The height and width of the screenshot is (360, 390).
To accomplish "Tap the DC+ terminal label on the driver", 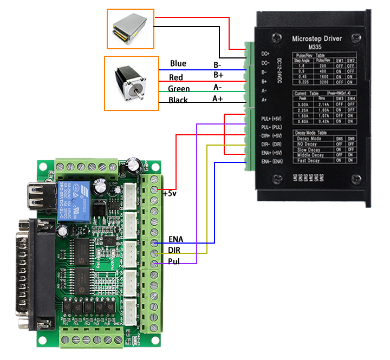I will [x=265, y=54].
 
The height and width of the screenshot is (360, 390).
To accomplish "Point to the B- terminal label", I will [x=264, y=72].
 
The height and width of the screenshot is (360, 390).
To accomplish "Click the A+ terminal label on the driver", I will [x=264, y=100].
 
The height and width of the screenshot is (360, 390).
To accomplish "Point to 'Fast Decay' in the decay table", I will [x=308, y=160].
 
